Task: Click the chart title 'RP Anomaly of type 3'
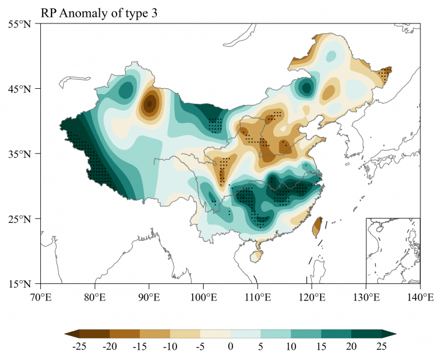(99, 13)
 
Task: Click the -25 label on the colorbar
(80, 347)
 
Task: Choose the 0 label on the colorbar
(231, 347)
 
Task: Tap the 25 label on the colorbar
(381, 347)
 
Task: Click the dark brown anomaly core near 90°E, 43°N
(149, 104)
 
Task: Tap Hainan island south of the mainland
(256, 256)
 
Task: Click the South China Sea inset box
(393, 250)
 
